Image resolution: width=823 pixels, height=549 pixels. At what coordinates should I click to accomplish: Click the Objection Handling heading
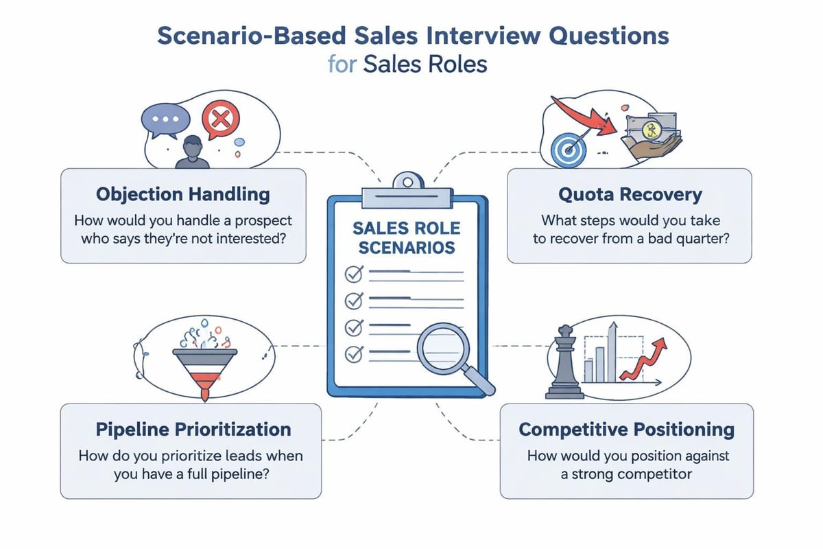tap(183, 194)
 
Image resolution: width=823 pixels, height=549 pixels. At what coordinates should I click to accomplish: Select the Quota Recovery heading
tap(630, 194)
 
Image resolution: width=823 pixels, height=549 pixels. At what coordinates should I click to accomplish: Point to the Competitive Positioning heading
tap(626, 430)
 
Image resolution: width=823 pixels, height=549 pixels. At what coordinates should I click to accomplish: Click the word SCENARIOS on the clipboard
tap(405, 247)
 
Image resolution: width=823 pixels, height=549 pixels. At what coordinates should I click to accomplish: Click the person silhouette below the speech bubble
tap(193, 152)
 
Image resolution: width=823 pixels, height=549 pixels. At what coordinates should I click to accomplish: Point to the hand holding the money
tap(648, 147)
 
